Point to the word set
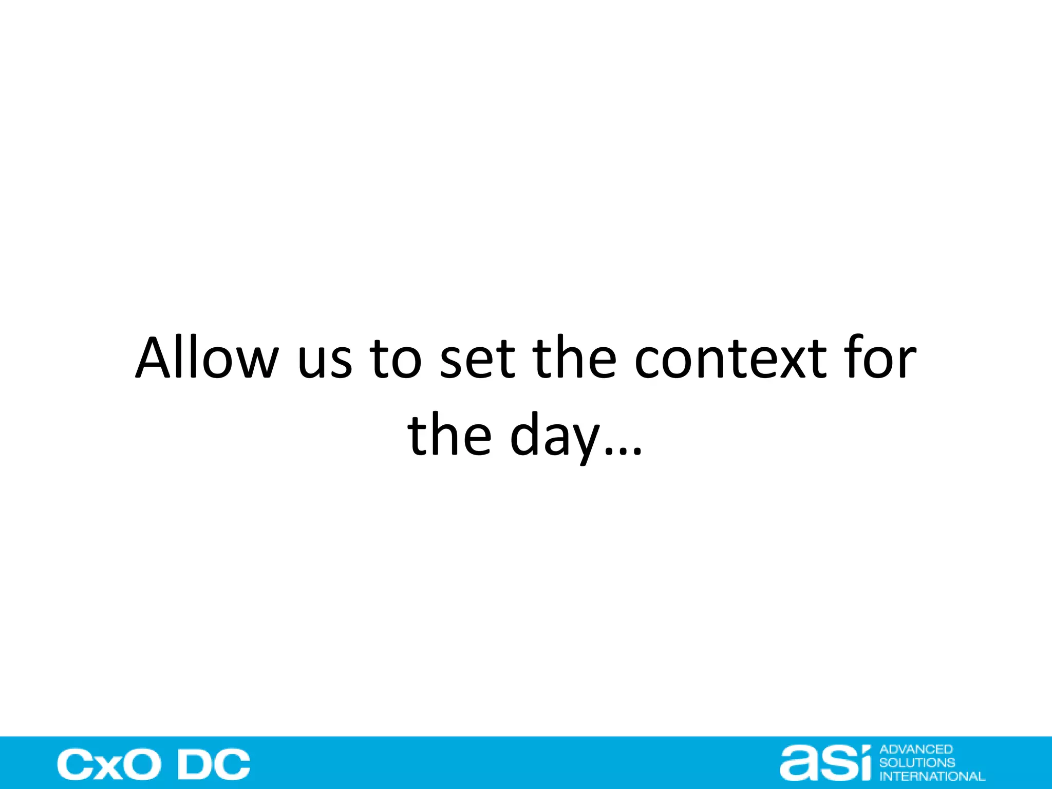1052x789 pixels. [477, 358]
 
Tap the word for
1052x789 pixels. [881, 358]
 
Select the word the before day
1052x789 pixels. [449, 435]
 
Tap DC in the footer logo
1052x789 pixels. [214, 765]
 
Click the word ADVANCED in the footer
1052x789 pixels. [916, 749]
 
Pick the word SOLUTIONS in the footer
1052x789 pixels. [917, 763]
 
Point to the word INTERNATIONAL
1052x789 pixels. [932, 776]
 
